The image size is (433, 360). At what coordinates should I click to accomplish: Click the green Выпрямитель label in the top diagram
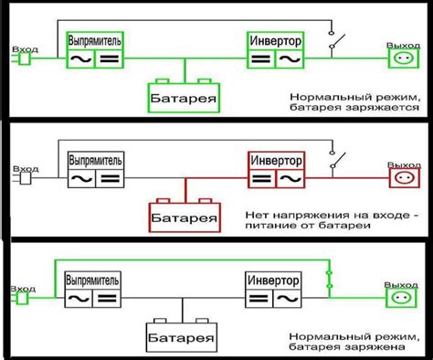coord(96,40)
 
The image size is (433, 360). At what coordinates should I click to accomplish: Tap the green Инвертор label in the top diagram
coord(275,40)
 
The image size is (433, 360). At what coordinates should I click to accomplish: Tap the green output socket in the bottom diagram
coord(399,296)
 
